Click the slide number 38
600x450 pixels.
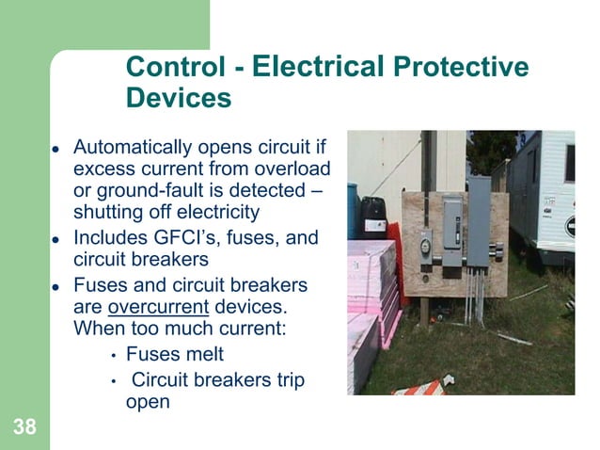click(25, 428)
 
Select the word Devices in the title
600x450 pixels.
click(178, 98)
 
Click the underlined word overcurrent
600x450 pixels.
click(154, 307)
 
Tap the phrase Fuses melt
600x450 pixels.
click(175, 356)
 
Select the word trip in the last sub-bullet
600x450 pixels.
click(290, 380)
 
